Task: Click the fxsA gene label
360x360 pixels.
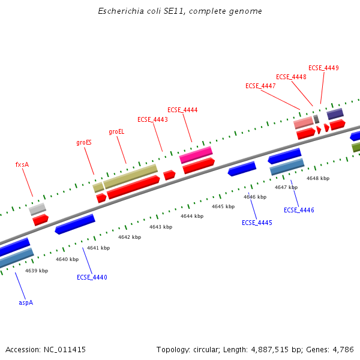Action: (22, 164)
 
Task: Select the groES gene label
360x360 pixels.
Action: (84, 143)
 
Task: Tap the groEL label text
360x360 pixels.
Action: (116, 131)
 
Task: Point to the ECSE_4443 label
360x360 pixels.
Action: (152, 119)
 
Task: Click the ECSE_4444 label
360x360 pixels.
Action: (182, 110)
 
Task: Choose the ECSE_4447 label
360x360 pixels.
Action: (260, 86)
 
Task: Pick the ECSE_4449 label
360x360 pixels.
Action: (323, 68)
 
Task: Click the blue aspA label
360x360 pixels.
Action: (26, 302)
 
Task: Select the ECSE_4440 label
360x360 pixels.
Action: (92, 277)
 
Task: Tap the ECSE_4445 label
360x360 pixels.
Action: (257, 223)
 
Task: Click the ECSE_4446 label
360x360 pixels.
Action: (299, 210)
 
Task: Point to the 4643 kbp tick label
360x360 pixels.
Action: (161, 227)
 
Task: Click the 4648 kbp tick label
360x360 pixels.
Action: (318, 178)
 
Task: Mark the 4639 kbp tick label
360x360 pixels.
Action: (37, 271)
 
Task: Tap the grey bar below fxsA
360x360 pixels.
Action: (37, 209)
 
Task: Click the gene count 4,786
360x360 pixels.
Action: (343, 349)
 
